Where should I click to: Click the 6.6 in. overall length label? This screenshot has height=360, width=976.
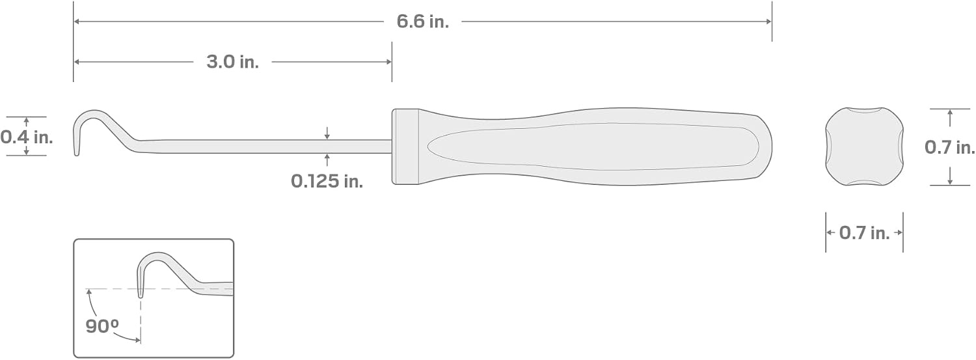pyautogui.click(x=422, y=21)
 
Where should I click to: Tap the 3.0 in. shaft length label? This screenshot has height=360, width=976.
pyautogui.click(x=233, y=62)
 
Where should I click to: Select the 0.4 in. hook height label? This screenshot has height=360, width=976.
pyautogui.click(x=27, y=137)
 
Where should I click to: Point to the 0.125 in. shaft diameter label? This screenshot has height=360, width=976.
pyautogui.click(x=327, y=181)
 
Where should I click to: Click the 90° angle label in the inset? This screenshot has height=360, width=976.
pyautogui.click(x=102, y=326)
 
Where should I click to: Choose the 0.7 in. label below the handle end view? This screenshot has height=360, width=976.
pyautogui.click(x=865, y=233)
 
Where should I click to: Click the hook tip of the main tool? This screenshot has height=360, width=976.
pyautogui.click(x=77, y=153)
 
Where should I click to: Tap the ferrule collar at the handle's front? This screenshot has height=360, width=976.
pyautogui.click(x=405, y=146)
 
